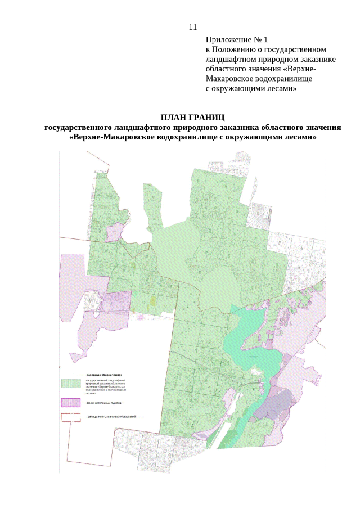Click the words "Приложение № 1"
[237, 39]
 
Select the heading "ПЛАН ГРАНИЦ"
[193, 118]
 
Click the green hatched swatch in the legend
[71, 383]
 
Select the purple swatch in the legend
[71, 403]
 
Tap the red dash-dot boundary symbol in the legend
[71, 417]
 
